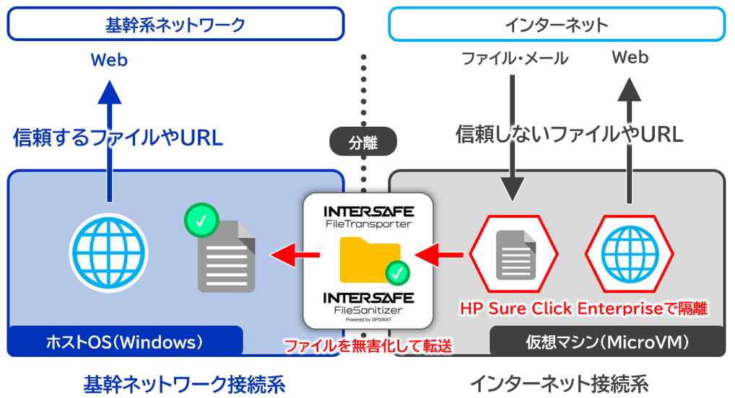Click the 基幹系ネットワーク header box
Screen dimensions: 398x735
click(175, 25)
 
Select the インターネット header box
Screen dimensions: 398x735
click(555, 25)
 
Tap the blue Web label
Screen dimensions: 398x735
click(109, 60)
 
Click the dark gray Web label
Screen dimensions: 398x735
click(630, 57)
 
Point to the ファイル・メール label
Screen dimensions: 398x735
click(515, 58)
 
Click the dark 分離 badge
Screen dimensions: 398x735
click(363, 141)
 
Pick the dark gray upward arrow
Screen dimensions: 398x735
click(630, 137)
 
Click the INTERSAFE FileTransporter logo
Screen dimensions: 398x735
click(368, 216)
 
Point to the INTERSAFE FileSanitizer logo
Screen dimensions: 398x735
click(368, 303)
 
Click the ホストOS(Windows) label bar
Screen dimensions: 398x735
click(124, 340)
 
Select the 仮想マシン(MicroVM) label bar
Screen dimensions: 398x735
click(606, 340)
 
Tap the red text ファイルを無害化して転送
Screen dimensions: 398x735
click(368, 346)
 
